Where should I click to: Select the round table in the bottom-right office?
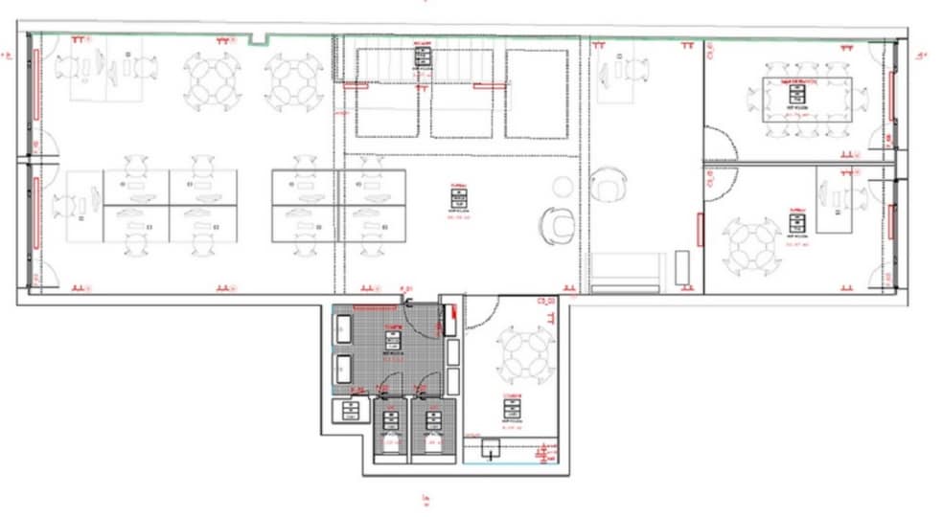click(751, 244)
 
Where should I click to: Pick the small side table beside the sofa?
click(682, 267)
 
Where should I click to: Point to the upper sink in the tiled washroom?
click(343, 327)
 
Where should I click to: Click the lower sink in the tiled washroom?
click(343, 368)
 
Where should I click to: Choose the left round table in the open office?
click(213, 80)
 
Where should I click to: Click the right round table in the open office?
click(292, 80)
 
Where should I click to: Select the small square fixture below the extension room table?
click(493, 447)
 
